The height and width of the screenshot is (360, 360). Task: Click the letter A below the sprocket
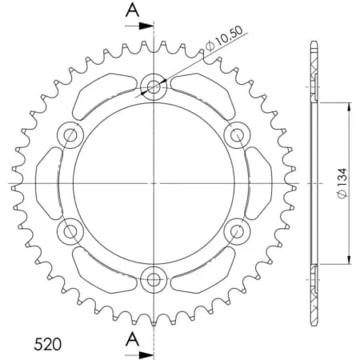[133, 338]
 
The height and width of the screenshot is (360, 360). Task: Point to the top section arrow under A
[144, 26]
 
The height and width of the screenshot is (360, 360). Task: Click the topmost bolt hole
[153, 87]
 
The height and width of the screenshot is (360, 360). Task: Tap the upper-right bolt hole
[236, 134]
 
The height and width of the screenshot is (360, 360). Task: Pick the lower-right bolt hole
[236, 231]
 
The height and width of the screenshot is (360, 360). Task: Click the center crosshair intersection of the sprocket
[153, 183]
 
